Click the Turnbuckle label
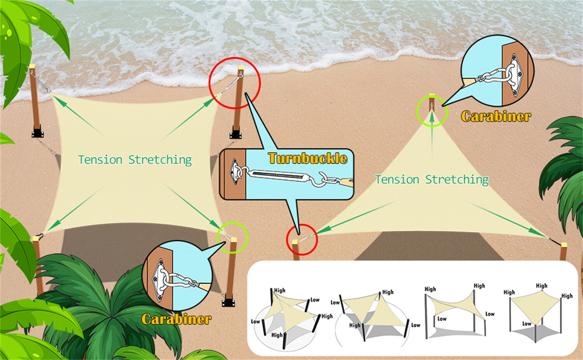307,158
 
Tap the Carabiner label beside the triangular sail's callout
496,116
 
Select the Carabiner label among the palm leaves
176,319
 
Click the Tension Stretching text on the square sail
135,160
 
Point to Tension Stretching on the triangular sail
431,179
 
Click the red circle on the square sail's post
235,83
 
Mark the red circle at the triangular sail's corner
302,240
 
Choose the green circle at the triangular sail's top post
432,111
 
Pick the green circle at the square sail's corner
232,238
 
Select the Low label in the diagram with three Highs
527,323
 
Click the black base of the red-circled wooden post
235,134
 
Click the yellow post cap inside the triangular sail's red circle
295,242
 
